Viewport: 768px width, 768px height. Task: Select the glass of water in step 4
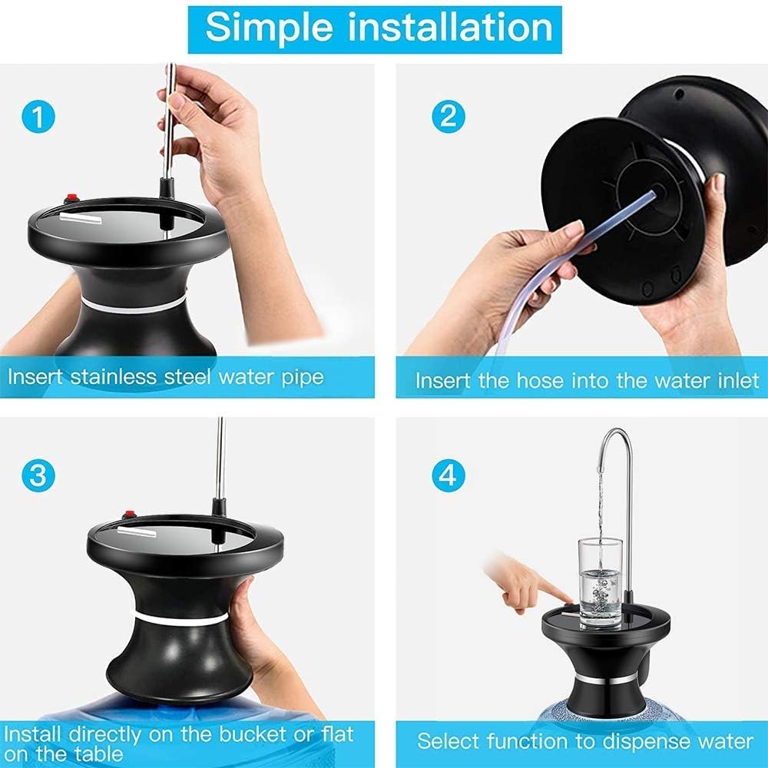pos(600,583)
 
